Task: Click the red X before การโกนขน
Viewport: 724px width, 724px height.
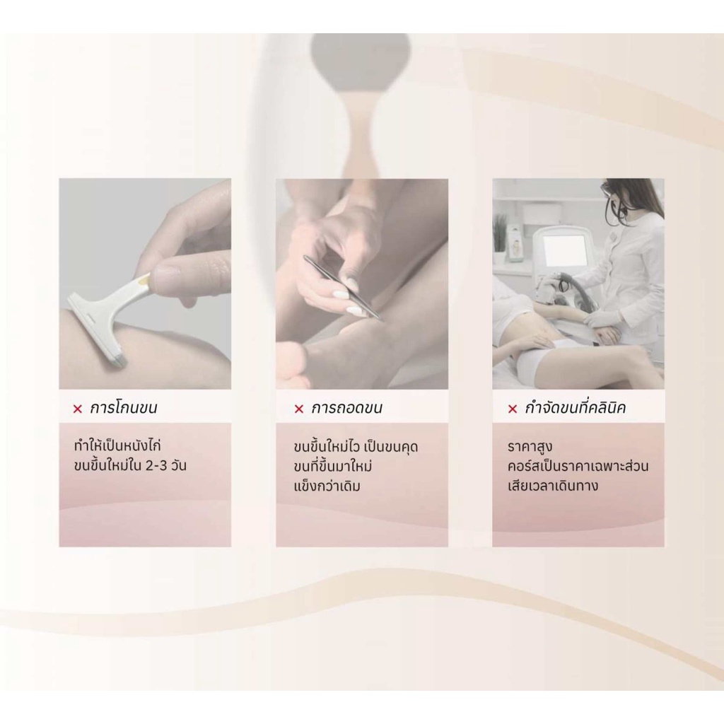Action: [x=78, y=409]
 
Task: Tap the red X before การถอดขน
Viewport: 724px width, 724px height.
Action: [x=299, y=409]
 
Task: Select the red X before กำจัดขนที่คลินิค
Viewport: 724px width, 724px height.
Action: [x=512, y=409]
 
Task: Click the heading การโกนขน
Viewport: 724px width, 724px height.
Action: [x=123, y=408]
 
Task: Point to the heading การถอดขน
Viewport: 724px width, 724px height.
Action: [x=346, y=408]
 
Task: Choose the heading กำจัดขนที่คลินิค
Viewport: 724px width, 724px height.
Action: [x=576, y=408]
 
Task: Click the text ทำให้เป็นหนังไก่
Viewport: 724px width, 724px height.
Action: [x=117, y=446]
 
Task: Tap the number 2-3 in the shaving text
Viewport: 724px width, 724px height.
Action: [x=156, y=465]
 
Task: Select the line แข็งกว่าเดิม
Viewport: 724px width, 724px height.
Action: [x=327, y=486]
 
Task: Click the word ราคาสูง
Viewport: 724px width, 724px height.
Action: [x=530, y=447]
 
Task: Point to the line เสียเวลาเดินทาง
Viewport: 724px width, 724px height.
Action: [x=553, y=486]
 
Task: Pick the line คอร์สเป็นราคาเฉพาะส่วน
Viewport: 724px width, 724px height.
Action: [x=578, y=465]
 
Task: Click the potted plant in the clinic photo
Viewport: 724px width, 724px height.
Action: [x=499, y=240]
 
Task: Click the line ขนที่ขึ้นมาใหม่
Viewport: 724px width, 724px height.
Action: [x=332, y=467]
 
